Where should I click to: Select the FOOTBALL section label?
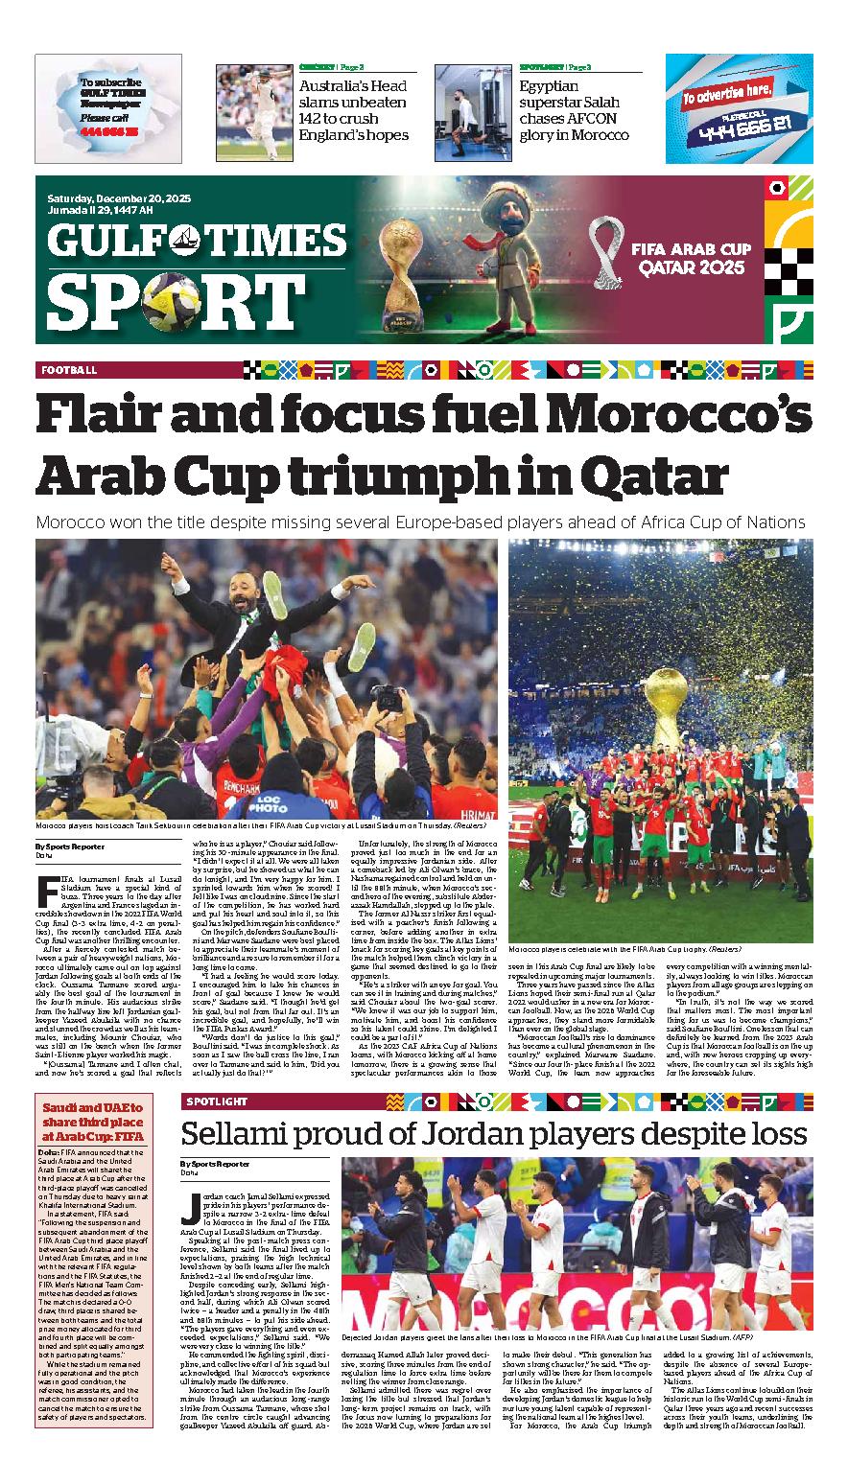pyautogui.click(x=68, y=370)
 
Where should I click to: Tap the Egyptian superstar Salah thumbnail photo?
pyautogui.click(x=472, y=104)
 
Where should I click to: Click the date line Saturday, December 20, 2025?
pyautogui.click(x=111, y=197)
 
